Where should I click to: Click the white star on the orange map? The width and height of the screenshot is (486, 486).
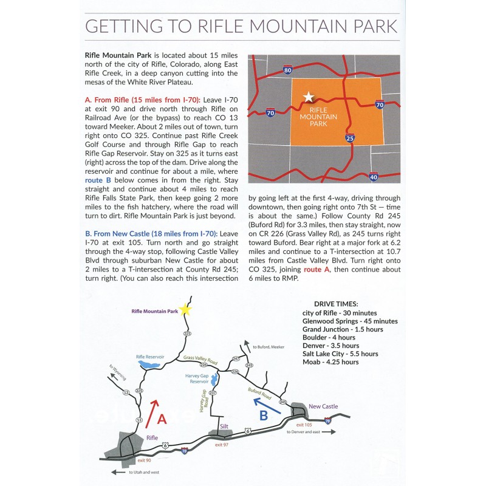click(309, 97)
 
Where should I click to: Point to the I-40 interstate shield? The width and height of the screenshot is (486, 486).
click(373, 177)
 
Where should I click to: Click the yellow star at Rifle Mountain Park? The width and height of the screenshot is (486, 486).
click(185, 310)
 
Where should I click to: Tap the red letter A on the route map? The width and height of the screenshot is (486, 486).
click(161, 419)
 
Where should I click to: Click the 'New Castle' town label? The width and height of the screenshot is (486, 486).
click(322, 406)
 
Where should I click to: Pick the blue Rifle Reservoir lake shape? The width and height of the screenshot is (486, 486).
click(149, 364)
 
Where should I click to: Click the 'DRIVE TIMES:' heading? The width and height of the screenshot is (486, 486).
click(336, 303)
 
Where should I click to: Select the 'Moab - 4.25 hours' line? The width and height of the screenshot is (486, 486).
click(330, 362)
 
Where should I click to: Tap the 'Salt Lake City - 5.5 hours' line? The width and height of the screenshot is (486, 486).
click(340, 354)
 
